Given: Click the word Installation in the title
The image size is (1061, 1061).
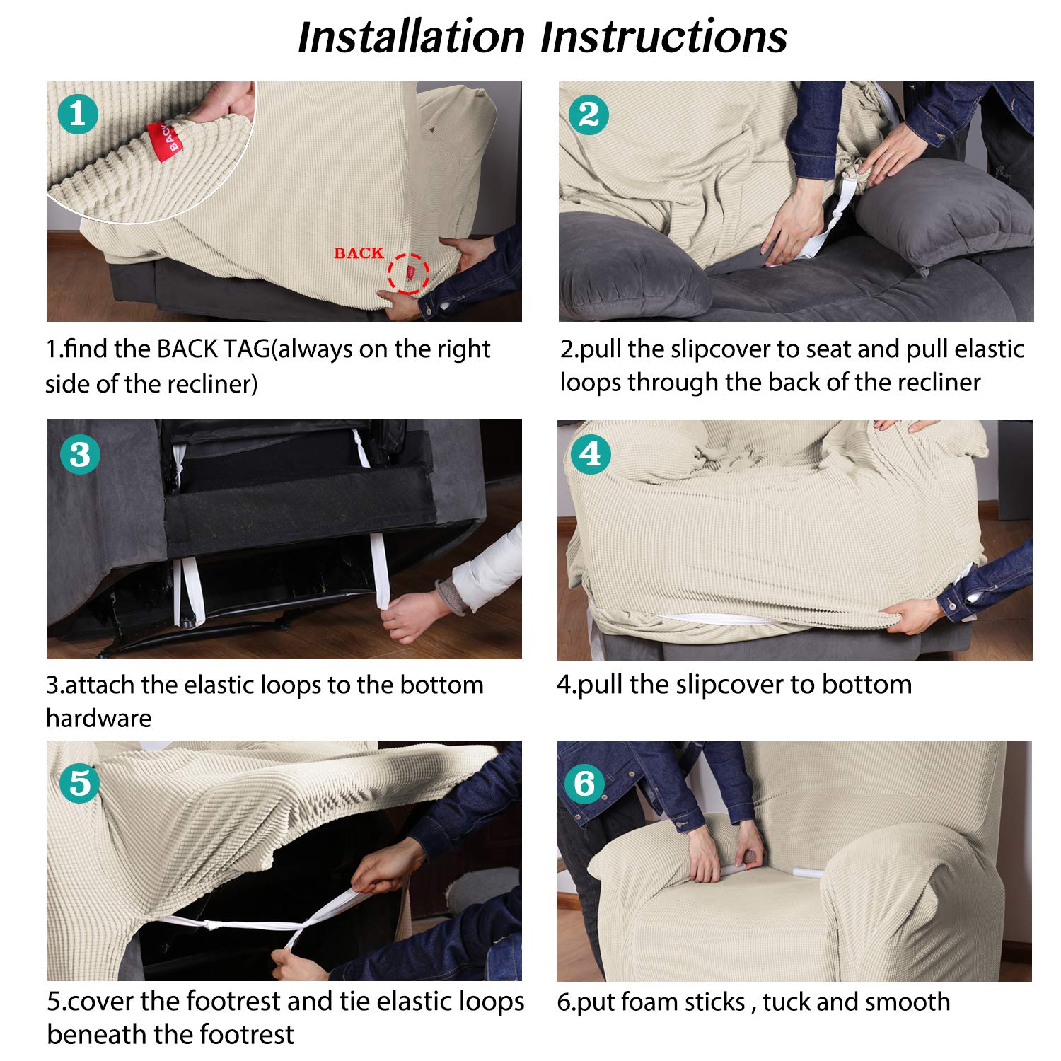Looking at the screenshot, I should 411,37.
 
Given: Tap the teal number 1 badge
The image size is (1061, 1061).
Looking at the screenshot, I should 78,114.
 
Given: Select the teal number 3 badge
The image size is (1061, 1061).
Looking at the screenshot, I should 80,454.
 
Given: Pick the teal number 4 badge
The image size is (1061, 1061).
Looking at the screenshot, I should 591,454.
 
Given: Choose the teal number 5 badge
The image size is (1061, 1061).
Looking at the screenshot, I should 79,783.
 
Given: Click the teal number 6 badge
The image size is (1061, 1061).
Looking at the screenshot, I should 584,783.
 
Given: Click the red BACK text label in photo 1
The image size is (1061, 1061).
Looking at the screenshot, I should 359,253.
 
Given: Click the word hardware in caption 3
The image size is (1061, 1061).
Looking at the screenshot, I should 99,718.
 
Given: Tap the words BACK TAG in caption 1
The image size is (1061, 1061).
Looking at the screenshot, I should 213,349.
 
